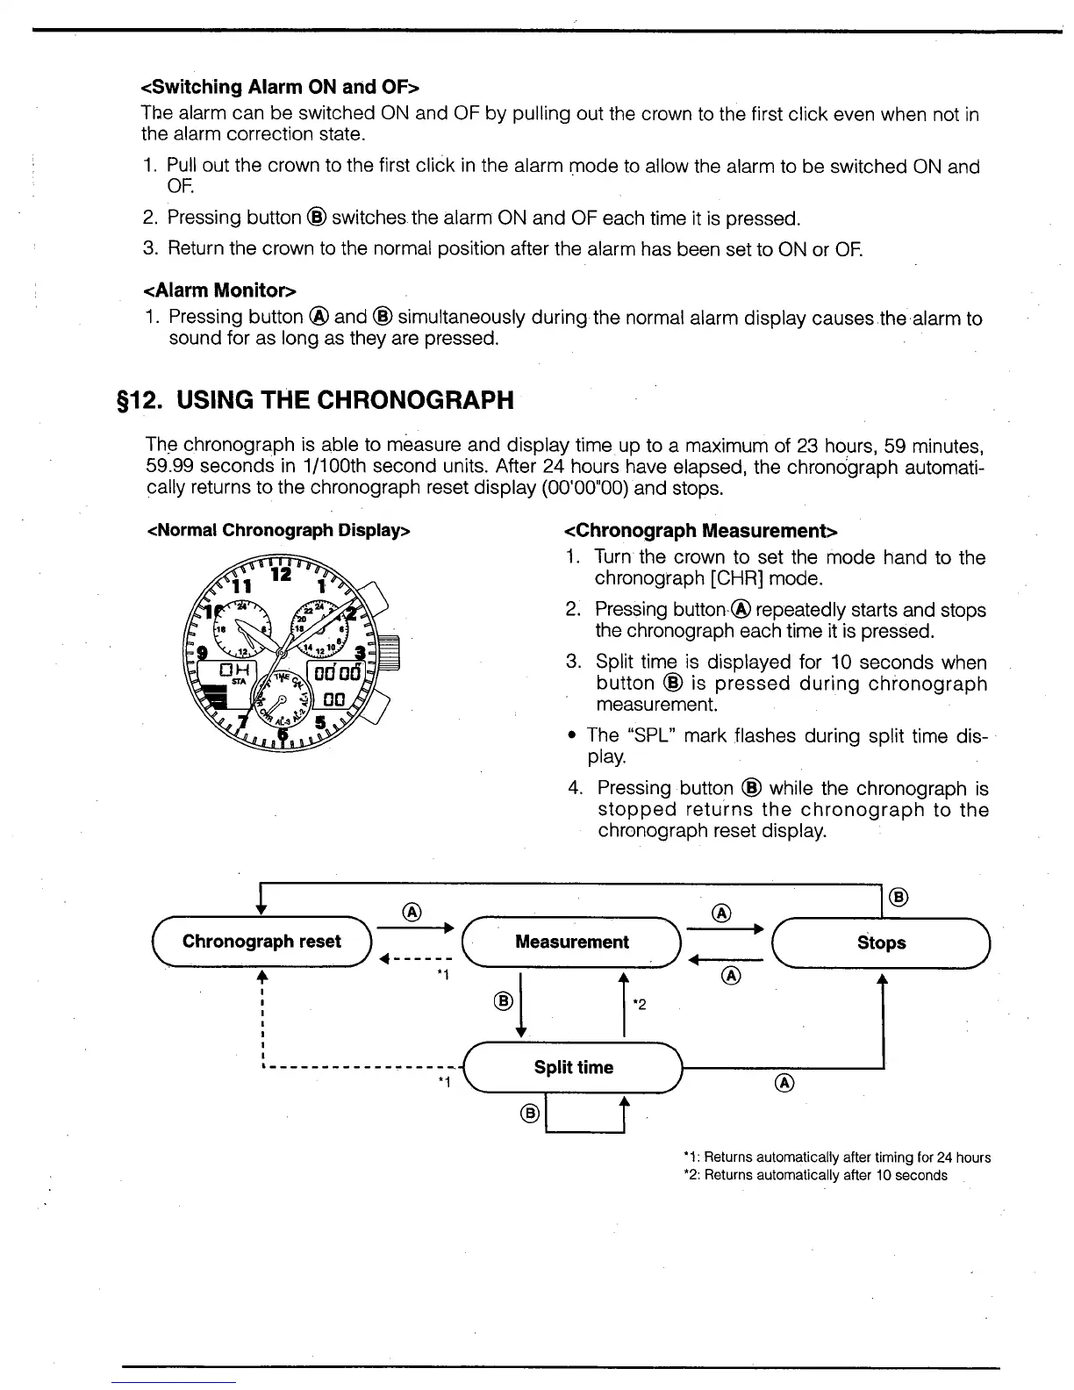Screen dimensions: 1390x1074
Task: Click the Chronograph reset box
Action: [261, 942]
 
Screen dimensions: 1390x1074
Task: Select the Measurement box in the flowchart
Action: [572, 942]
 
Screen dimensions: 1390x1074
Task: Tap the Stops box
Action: [881, 942]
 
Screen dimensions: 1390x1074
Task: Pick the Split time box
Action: [573, 1067]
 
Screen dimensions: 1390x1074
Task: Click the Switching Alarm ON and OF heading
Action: [280, 87]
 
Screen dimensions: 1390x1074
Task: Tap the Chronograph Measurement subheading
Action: [701, 530]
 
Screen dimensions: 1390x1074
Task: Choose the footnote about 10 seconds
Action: [815, 1175]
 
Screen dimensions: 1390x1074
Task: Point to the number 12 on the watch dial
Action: [281, 575]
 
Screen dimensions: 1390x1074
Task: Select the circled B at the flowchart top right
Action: [899, 897]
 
